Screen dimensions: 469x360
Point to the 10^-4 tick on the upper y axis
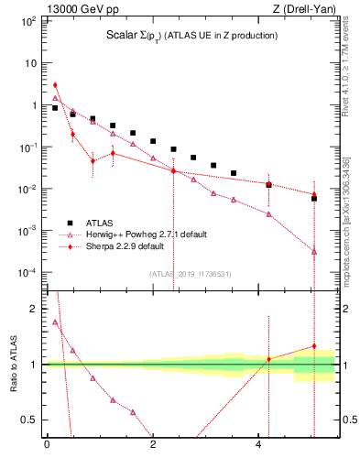tap(27, 273)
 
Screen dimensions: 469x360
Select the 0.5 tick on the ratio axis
tap(30, 420)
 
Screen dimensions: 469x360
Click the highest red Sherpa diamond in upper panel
tap(55, 85)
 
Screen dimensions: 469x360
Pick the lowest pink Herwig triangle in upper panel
tap(313, 251)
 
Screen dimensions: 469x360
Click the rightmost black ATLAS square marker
tap(313, 198)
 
